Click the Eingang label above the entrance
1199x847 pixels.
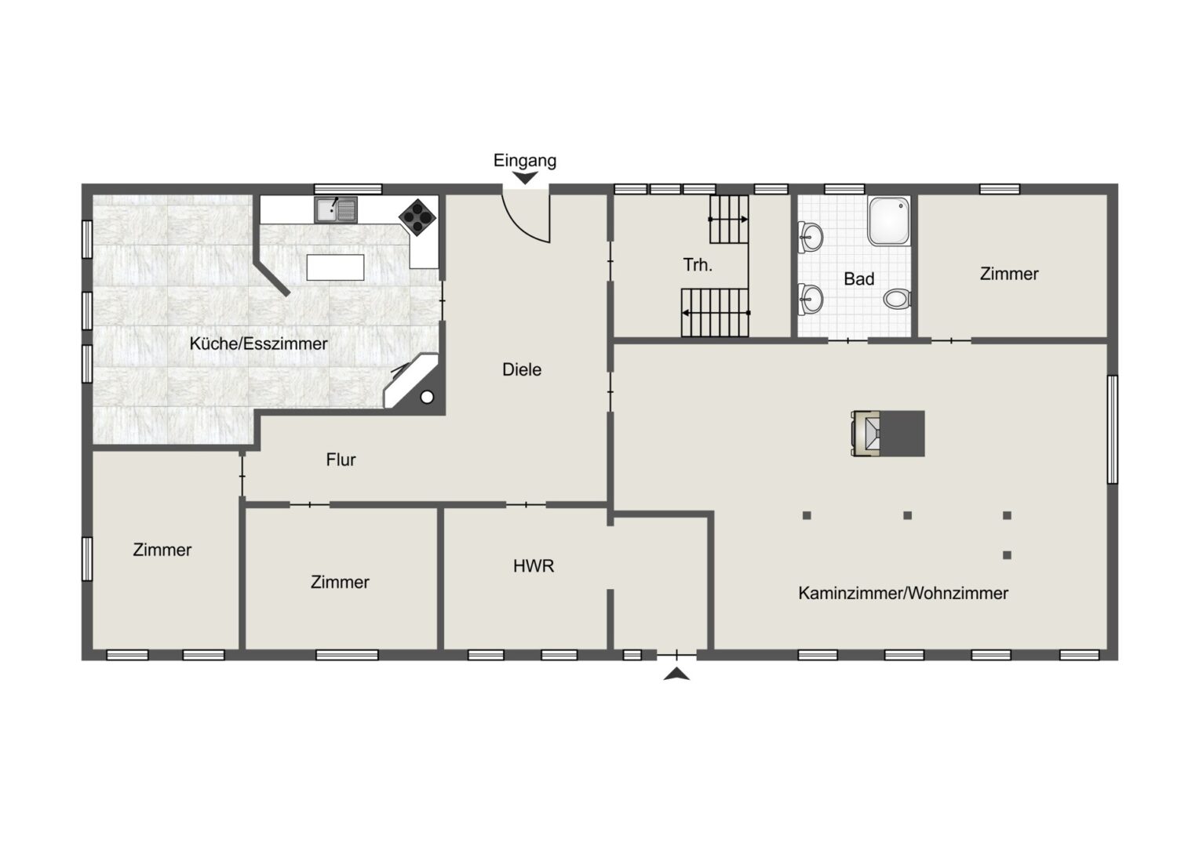(x=524, y=161)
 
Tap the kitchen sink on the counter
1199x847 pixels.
(x=336, y=209)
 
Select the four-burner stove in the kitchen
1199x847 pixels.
(x=417, y=217)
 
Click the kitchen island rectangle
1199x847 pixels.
(x=335, y=267)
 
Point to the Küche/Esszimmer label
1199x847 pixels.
(x=258, y=344)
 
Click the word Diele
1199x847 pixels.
(x=522, y=369)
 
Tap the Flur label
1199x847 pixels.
(x=341, y=460)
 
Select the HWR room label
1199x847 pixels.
(x=533, y=566)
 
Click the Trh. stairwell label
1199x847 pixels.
(x=698, y=264)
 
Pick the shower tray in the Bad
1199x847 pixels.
(x=889, y=221)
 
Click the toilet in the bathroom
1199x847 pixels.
(x=897, y=299)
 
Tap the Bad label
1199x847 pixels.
(x=859, y=278)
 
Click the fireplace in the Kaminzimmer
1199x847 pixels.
(x=888, y=434)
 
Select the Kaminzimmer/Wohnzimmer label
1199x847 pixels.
(x=903, y=593)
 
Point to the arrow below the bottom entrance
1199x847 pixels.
(x=676, y=674)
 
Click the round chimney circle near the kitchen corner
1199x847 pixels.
(x=427, y=397)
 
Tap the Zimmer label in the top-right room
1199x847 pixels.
(x=1009, y=274)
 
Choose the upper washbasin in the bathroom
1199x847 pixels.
(x=811, y=237)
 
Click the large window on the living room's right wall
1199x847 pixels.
(x=1112, y=430)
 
